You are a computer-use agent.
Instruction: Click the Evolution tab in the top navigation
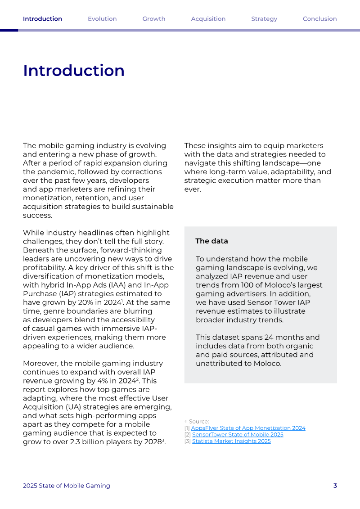pyautogui.click(x=102, y=19)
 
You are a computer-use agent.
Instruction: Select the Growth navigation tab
pyautogui.click(x=154, y=19)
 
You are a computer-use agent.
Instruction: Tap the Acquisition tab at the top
pyautogui.click(x=208, y=19)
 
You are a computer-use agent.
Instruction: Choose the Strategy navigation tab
pyautogui.click(x=264, y=19)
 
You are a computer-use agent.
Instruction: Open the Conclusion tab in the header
pyautogui.click(x=319, y=19)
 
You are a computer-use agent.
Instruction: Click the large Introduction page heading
pyautogui.click(x=74, y=71)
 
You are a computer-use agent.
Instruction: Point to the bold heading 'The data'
pyautogui.click(x=211, y=241)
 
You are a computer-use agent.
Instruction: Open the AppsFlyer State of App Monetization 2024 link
pyautogui.click(x=248, y=428)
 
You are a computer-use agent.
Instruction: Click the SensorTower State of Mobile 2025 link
pyautogui.click(x=238, y=435)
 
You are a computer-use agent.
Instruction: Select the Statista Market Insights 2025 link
pyautogui.click(x=231, y=441)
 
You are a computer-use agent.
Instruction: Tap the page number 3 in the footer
pyautogui.click(x=335, y=486)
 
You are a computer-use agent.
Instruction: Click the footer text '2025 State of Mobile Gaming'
pyautogui.click(x=67, y=486)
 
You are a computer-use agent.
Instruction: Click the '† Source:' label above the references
pyautogui.click(x=197, y=422)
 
